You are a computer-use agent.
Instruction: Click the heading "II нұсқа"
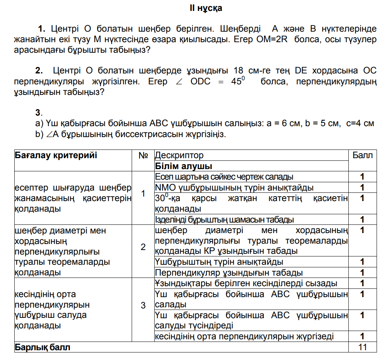(x=206, y=8)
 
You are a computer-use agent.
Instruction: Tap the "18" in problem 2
(x=239, y=70)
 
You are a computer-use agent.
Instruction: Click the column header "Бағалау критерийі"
(x=56, y=155)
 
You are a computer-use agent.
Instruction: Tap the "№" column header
(x=143, y=155)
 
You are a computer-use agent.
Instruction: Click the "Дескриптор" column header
(x=179, y=155)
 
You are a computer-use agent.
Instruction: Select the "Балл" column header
(x=362, y=155)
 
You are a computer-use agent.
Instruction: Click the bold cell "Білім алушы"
(x=184, y=166)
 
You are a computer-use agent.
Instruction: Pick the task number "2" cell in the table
(x=143, y=247)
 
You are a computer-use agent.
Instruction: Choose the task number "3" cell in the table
(x=143, y=305)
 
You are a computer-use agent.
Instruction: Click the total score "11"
(x=362, y=347)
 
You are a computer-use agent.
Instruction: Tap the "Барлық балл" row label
(x=43, y=347)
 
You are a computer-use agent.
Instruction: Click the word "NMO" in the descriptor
(x=164, y=188)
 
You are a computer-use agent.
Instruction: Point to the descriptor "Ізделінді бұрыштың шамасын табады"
(x=225, y=220)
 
